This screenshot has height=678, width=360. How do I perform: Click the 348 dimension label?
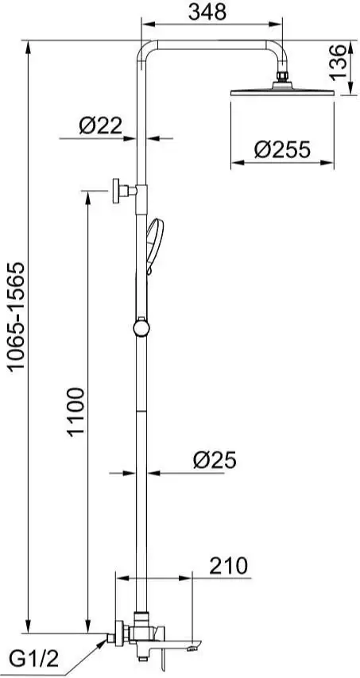(x=207, y=12)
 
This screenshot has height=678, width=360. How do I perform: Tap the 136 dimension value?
(x=338, y=62)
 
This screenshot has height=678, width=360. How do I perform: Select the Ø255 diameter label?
(x=282, y=149)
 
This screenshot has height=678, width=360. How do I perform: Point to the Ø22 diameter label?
(x=101, y=126)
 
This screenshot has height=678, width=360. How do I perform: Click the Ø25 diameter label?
(x=215, y=460)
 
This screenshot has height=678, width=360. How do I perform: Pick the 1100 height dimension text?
(x=76, y=412)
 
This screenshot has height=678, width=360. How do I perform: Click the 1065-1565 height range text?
(x=17, y=316)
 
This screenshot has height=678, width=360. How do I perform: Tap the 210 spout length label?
(x=229, y=566)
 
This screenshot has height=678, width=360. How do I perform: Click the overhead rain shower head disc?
(x=283, y=92)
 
